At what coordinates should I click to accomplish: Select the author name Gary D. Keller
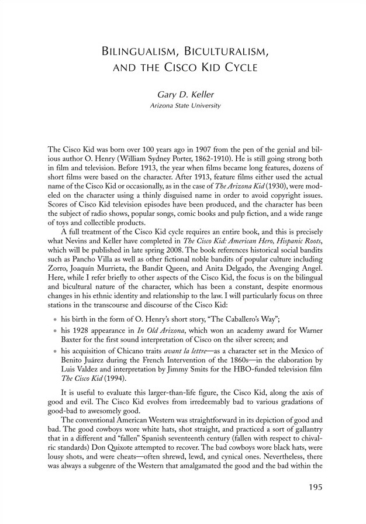[x=183, y=94]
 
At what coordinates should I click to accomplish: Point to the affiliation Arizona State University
[x=183, y=105]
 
